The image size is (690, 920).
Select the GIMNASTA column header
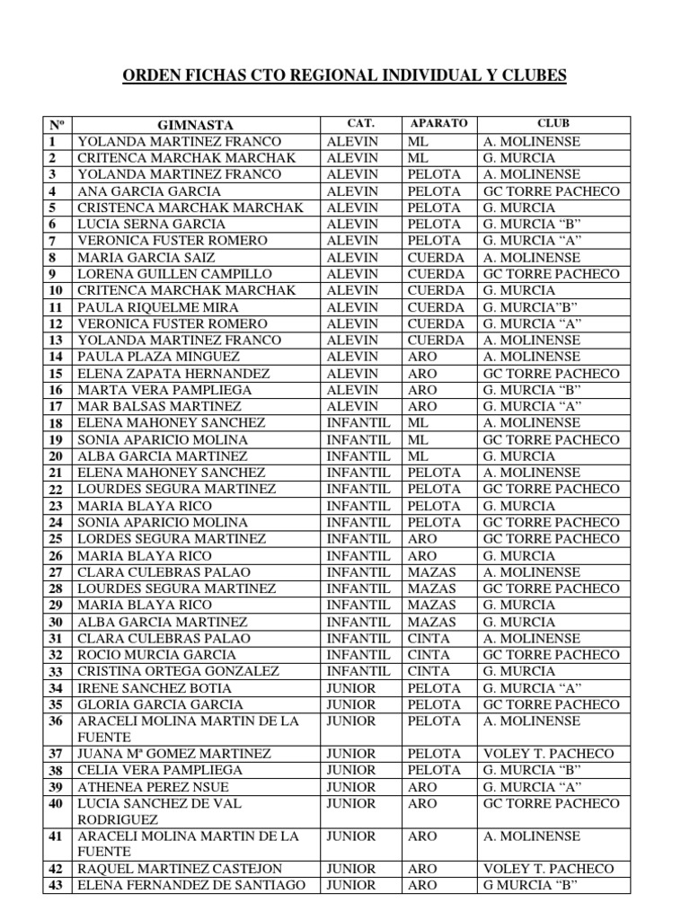[196, 125]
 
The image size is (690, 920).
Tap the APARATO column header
[438, 124]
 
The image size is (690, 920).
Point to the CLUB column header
[553, 124]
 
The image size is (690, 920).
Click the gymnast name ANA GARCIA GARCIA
[149, 191]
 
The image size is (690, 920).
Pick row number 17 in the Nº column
[54, 406]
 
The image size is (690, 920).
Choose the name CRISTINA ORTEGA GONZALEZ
[179, 671]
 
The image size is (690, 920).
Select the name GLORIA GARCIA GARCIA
[160, 704]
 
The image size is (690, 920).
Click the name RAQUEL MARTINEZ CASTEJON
[180, 869]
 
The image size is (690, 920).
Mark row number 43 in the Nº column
[56, 885]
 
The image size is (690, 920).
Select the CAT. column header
[359, 124]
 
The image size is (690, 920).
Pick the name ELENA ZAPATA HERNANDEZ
[174, 373]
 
